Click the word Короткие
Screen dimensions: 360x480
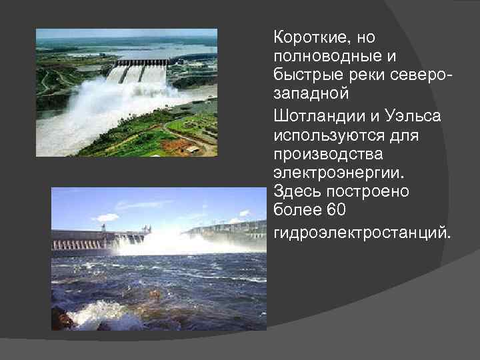309,37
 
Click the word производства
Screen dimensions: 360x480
323,154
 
